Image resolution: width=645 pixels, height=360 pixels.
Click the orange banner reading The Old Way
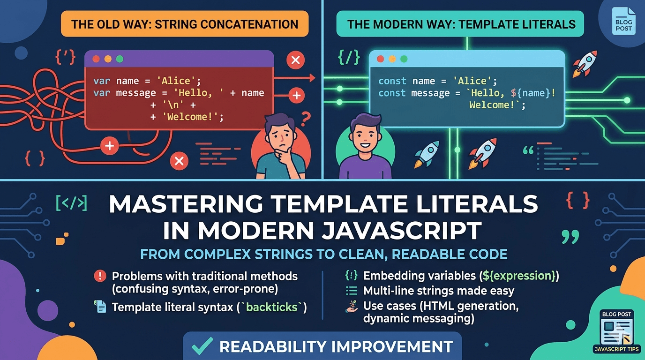click(x=185, y=24)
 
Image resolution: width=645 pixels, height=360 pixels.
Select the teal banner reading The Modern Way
click(x=460, y=24)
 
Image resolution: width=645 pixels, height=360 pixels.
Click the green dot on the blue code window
click(x=404, y=59)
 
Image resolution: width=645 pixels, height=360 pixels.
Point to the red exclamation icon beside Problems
click(x=100, y=276)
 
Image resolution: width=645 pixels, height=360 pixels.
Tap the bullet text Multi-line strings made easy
click(x=439, y=291)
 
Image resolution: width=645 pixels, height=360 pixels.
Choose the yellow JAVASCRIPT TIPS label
click(x=616, y=349)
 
